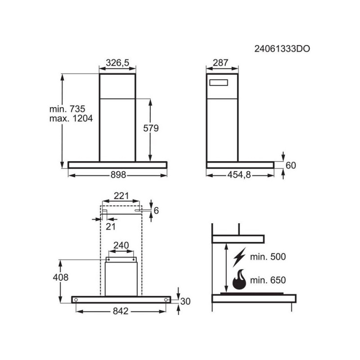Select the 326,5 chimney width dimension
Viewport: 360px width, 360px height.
point(117,63)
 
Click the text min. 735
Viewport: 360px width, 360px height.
point(67,109)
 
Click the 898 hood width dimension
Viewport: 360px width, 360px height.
point(117,175)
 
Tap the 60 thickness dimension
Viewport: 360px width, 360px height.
point(291,165)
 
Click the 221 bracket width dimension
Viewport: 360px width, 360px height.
point(121,196)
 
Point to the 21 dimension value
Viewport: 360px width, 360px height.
point(111,226)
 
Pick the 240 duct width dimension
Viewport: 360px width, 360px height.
point(121,245)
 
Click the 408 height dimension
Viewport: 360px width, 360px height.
point(60,277)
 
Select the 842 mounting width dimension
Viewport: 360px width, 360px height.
point(121,310)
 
